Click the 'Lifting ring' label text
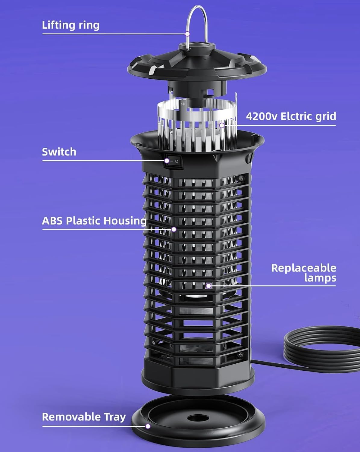(x=70, y=25)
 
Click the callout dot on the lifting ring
(x=187, y=34)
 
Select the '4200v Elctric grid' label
(x=291, y=116)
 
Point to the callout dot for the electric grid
(x=222, y=125)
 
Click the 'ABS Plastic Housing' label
(x=94, y=221)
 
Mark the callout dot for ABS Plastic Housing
(x=174, y=229)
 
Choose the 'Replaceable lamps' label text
(x=304, y=273)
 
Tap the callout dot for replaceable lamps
(x=208, y=286)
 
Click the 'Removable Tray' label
(x=84, y=417)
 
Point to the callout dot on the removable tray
(x=148, y=426)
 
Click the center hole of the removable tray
(x=197, y=418)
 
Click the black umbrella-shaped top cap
(x=197, y=63)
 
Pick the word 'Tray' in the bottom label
(x=115, y=417)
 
